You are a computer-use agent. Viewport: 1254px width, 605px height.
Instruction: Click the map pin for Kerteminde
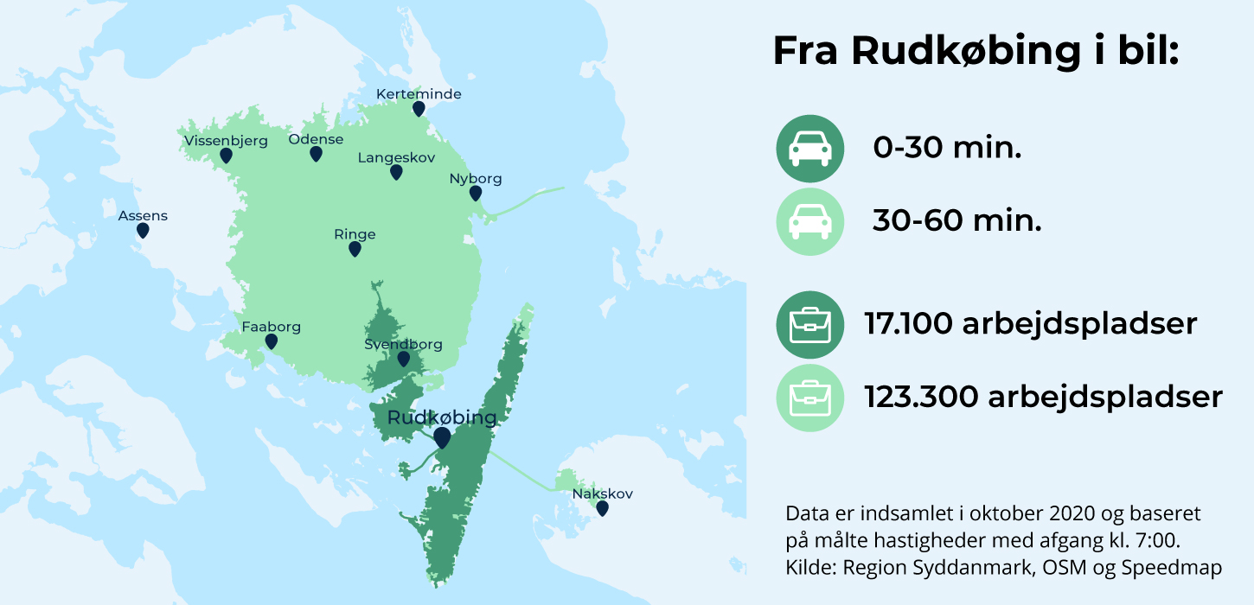point(419,108)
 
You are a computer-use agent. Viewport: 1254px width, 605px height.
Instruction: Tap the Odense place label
point(316,139)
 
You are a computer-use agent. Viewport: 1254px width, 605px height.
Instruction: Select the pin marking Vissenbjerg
point(226,156)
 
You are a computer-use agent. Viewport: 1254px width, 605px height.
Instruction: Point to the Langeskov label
point(396,158)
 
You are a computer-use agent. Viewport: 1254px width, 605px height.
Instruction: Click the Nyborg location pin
point(476,193)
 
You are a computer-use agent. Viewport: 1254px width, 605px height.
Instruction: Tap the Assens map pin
point(143,230)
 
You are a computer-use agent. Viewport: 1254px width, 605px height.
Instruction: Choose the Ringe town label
point(355,234)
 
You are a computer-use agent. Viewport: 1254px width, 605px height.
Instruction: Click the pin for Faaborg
point(272,341)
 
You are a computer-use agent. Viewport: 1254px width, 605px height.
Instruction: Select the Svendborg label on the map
point(403,344)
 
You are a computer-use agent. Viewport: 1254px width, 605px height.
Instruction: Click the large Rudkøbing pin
point(442,437)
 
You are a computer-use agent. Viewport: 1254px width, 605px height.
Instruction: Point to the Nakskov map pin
point(603,508)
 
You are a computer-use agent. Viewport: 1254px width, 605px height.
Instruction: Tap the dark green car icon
point(809,149)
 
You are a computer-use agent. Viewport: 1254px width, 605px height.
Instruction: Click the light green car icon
point(809,222)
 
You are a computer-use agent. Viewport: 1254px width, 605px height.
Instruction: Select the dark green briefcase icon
point(809,325)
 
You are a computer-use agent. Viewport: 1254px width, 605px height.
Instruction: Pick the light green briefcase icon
point(809,398)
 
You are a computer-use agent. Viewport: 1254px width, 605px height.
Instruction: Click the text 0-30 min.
point(947,149)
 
